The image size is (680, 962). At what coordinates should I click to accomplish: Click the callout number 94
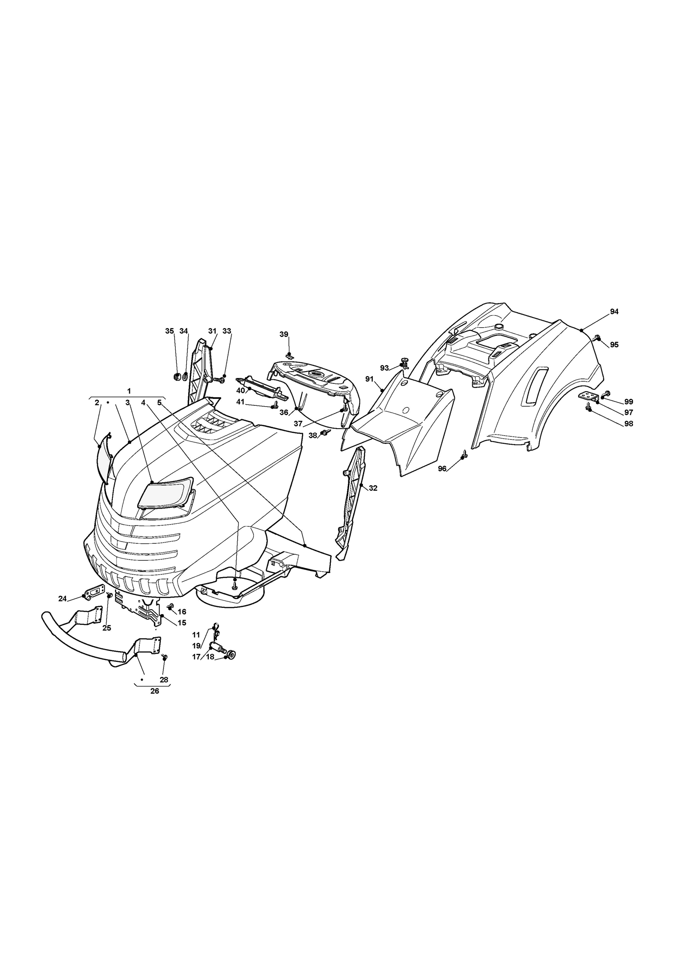614,311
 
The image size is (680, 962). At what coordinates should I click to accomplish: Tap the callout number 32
373,488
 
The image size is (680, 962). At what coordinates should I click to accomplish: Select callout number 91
369,379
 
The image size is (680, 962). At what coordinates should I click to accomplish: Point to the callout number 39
284,334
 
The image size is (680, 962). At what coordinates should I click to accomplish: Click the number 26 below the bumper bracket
155,704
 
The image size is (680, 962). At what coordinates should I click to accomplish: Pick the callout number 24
63,598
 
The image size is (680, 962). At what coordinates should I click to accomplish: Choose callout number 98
628,424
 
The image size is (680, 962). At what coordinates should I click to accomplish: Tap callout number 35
170,331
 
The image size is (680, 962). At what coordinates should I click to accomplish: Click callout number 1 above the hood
129,391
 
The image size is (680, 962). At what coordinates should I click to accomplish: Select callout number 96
442,468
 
